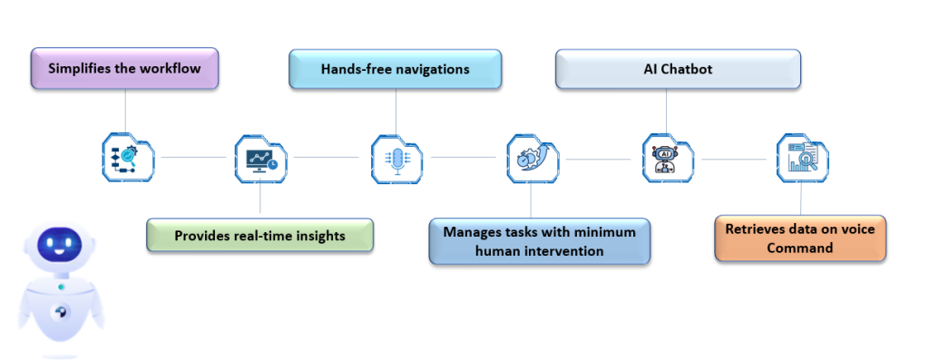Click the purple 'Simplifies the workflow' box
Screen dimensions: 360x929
(x=125, y=69)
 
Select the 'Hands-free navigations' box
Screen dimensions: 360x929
(x=395, y=69)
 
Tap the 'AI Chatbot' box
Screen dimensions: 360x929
(x=678, y=69)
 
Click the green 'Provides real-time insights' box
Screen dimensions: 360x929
(x=259, y=236)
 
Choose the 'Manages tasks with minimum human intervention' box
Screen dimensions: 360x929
(x=539, y=241)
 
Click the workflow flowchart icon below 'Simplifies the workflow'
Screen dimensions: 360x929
(x=127, y=159)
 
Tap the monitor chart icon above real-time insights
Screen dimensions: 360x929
(x=260, y=159)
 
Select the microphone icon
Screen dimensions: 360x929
(x=396, y=159)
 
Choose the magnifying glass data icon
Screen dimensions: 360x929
(x=802, y=159)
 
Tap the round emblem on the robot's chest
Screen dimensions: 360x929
(x=61, y=311)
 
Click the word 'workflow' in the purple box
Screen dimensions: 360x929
(x=170, y=69)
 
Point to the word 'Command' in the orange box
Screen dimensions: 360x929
(x=799, y=248)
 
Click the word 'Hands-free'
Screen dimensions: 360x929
(x=355, y=69)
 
